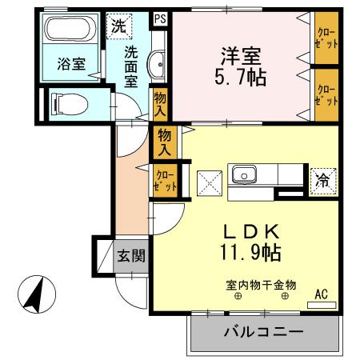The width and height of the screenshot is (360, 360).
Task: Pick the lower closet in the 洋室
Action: click(x=326, y=94)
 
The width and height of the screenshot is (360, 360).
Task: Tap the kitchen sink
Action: click(x=242, y=174)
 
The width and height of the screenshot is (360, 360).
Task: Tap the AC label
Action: click(x=321, y=294)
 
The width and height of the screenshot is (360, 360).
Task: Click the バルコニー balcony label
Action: click(x=263, y=331)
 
